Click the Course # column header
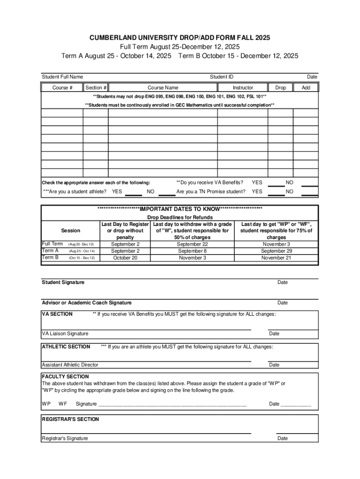(62, 87)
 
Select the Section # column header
(96, 87)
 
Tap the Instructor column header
(243, 87)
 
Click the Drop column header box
(281, 87)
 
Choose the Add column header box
(306, 87)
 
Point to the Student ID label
(222, 77)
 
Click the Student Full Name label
(63, 77)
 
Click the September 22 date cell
(193, 244)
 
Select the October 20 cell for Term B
(125, 258)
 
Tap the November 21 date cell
(276, 258)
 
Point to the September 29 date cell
(276, 251)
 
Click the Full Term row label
(52, 244)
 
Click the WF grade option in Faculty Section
(63, 404)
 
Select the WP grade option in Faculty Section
(46, 404)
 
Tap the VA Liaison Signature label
(65, 334)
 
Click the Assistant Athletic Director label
(70, 365)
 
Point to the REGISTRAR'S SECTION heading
(70, 419)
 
